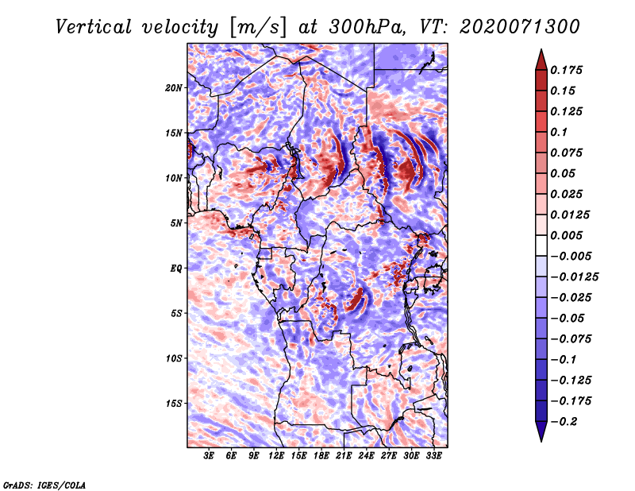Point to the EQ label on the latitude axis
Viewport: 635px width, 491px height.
click(176, 268)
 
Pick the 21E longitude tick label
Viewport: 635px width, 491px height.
click(344, 456)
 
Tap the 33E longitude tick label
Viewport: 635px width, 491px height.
click(433, 456)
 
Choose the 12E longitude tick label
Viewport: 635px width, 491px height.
click(276, 456)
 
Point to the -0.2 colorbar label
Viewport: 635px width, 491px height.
click(567, 421)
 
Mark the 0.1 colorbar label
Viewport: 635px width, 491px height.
click(560, 132)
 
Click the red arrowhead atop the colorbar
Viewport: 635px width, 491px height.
click(540, 59)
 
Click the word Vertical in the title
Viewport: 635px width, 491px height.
click(94, 26)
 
